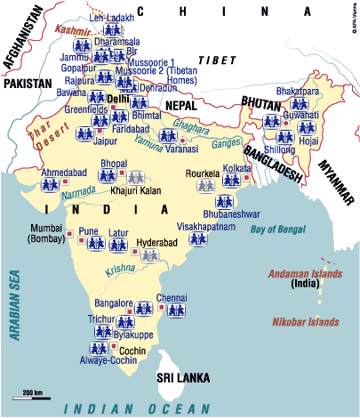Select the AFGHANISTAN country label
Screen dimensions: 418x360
tap(23, 41)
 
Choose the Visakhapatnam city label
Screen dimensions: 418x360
tap(206, 226)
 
